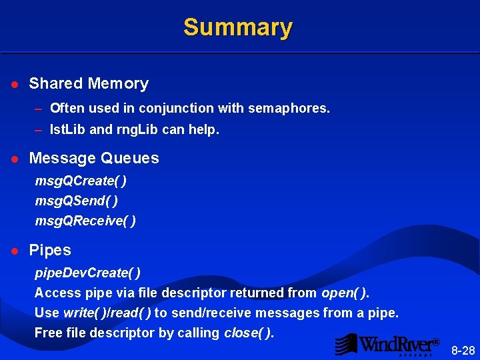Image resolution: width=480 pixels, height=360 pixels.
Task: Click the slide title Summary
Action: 238,27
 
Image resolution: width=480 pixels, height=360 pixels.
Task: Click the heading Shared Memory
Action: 89,84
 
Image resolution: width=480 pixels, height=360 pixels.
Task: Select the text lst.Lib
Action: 67,130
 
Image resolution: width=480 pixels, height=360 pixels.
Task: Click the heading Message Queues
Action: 94,159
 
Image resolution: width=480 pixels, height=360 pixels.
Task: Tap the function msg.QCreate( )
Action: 81,181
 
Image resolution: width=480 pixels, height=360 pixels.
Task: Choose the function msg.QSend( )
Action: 77,201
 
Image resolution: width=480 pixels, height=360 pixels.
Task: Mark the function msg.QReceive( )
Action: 85,221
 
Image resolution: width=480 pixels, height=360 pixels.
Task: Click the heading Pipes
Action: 50,251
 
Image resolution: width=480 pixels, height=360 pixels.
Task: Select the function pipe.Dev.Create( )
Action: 87,273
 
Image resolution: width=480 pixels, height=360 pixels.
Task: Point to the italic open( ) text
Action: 344,293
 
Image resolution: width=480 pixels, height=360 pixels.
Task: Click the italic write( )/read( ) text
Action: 107,313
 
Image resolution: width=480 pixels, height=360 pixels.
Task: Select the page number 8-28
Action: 463,350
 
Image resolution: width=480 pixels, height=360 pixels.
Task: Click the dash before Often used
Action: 39,108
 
